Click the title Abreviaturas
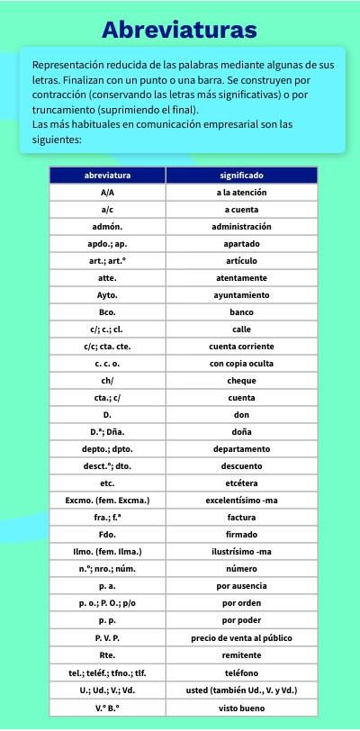pyautogui.click(x=179, y=30)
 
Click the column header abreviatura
pyautogui.click(x=107, y=176)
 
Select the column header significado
pyautogui.click(x=241, y=176)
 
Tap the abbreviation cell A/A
pyautogui.click(x=107, y=193)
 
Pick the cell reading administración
pyautogui.click(x=241, y=227)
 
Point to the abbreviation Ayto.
pyautogui.click(x=107, y=295)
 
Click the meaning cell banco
pyautogui.click(x=241, y=312)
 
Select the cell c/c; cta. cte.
pyautogui.click(x=107, y=347)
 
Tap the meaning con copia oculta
pyautogui.click(x=241, y=364)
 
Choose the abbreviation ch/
pyautogui.click(x=107, y=381)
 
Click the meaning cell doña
pyautogui.click(x=241, y=432)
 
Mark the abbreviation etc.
pyautogui.click(x=107, y=483)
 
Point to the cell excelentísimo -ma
pyautogui.click(x=241, y=501)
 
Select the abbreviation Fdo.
pyautogui.click(x=107, y=535)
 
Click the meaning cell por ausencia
pyautogui.click(x=241, y=586)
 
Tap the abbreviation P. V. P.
pyautogui.click(x=107, y=637)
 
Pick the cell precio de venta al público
pyautogui.click(x=241, y=637)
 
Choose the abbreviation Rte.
pyautogui.click(x=107, y=654)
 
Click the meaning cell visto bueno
pyautogui.click(x=241, y=708)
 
